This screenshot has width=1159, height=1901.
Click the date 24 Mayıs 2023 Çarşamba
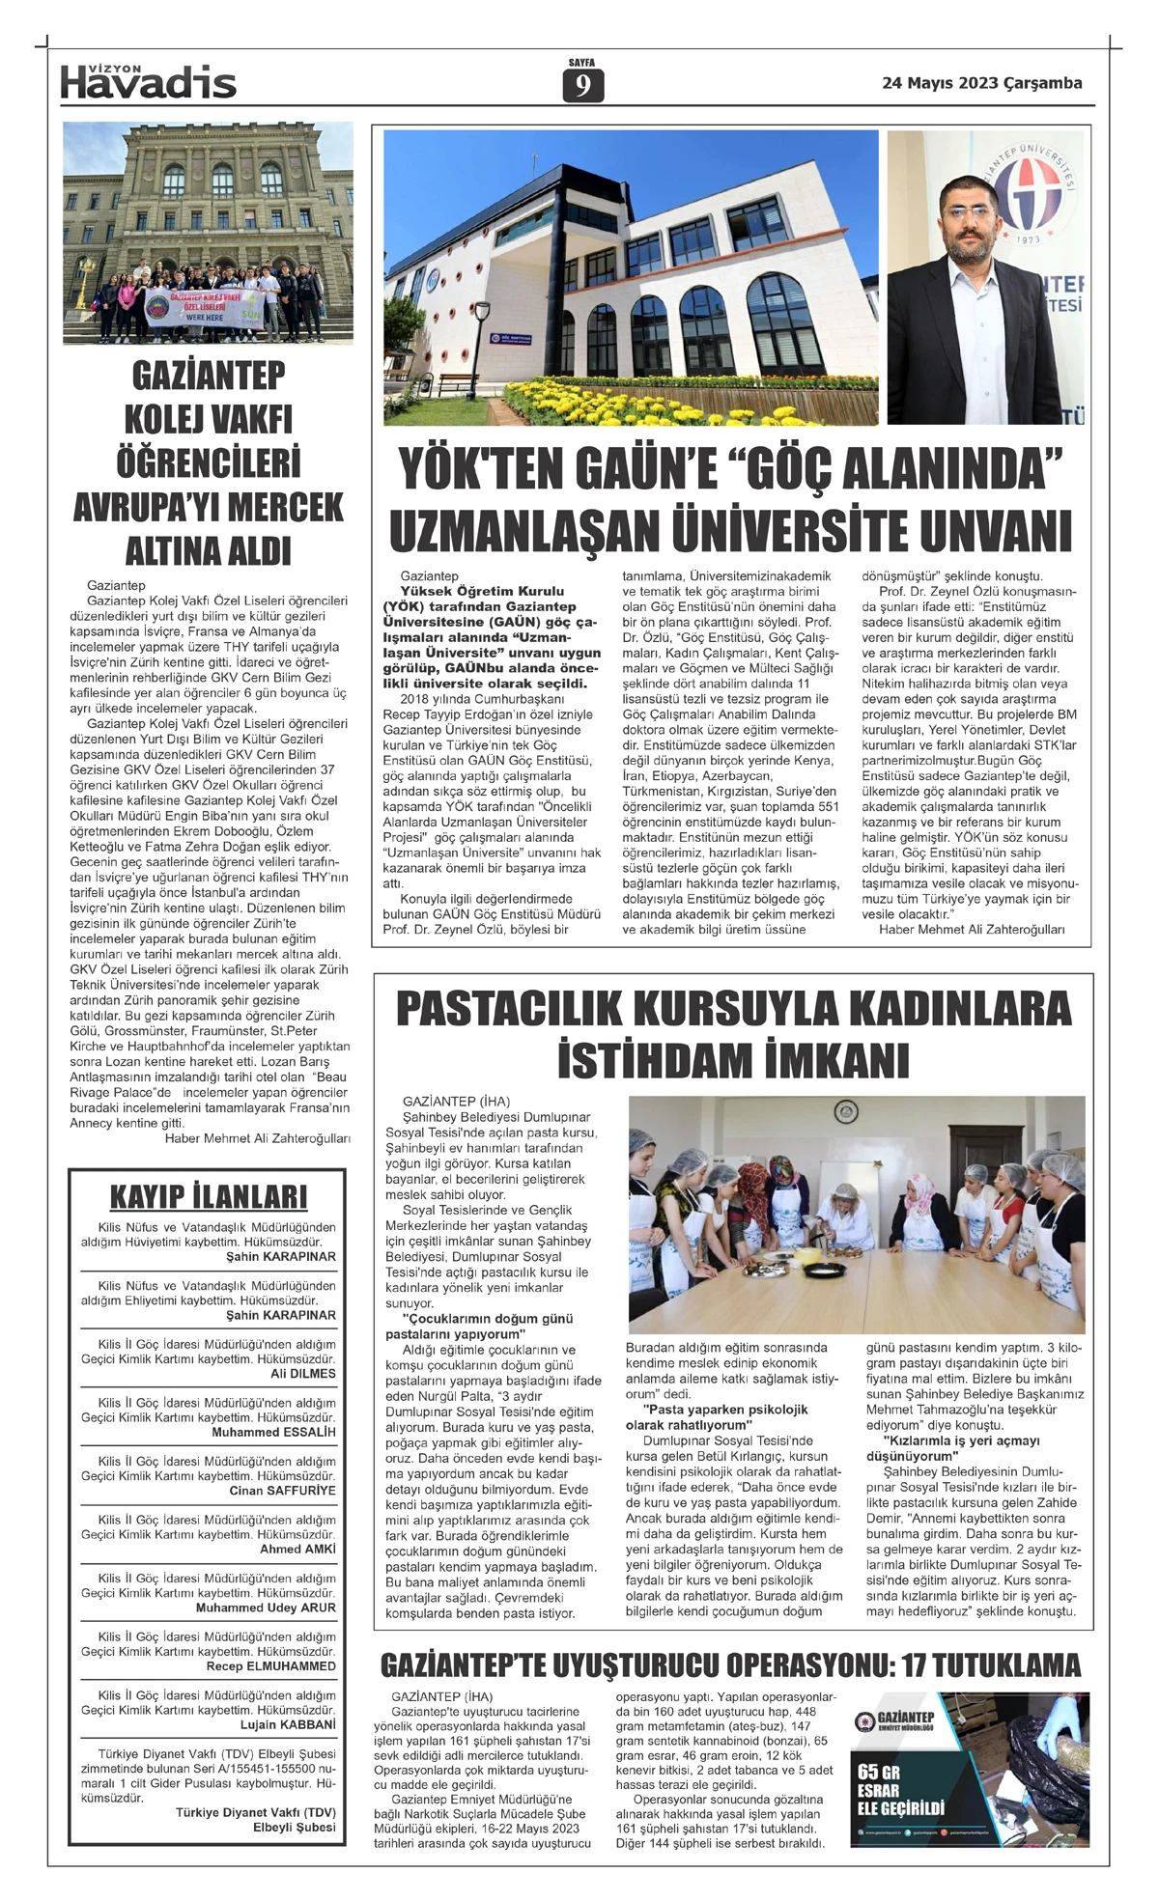coord(981,83)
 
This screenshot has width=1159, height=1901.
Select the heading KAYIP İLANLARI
coord(208,1196)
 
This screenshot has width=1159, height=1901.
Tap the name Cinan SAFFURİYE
coord(282,1491)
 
